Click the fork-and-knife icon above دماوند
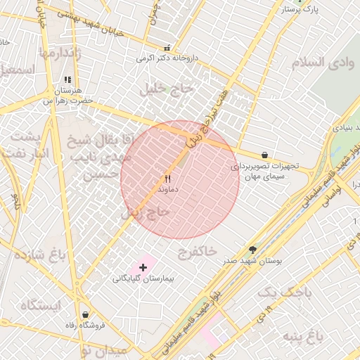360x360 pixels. (x=167, y=179)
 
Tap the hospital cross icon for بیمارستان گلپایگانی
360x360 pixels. (x=143, y=267)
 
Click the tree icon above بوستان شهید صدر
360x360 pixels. (x=253, y=250)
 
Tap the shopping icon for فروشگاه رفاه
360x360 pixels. (x=85, y=314)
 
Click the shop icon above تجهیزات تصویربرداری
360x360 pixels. (x=264, y=155)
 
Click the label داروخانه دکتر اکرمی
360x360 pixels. (x=167, y=58)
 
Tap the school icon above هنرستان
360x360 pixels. (x=67, y=80)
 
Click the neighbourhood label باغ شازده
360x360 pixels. (x=43, y=254)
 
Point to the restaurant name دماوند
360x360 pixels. (x=169, y=190)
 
